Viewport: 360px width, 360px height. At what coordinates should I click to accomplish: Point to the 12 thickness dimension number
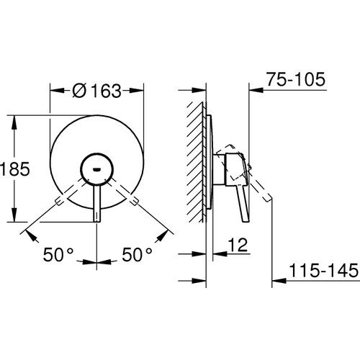pos(234,247)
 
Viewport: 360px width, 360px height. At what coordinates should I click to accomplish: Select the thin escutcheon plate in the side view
pos(210,166)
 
